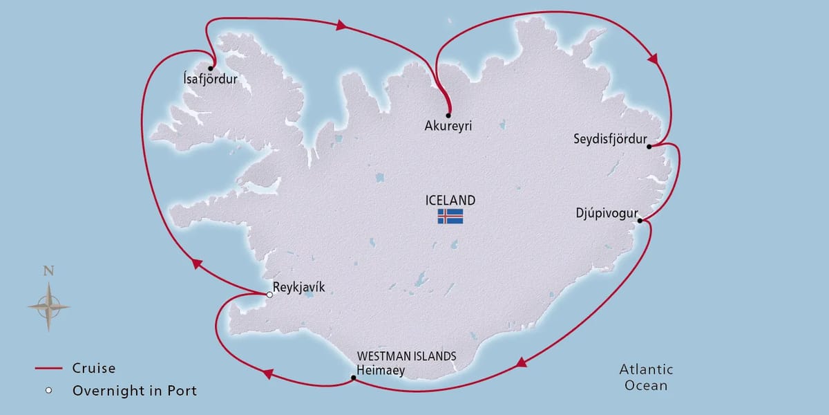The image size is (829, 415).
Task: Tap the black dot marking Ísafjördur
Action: click(209, 68)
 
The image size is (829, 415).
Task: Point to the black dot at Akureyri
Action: click(448, 115)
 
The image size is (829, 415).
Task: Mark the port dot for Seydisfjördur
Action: click(649, 146)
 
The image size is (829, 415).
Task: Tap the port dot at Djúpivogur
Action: click(640, 221)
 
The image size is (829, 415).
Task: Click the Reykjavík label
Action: click(298, 288)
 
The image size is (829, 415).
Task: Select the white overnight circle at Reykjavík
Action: click(269, 295)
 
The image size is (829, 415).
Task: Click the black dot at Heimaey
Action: click(353, 378)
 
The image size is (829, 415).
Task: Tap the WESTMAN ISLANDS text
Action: click(406, 357)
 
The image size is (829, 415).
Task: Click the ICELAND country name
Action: click(450, 201)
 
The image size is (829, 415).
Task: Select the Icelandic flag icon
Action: click(450, 216)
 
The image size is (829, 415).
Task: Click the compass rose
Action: click(49, 305)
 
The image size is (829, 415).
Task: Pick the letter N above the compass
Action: click(48, 271)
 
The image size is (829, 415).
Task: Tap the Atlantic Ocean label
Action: click(645, 378)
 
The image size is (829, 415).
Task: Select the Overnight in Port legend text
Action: click(134, 391)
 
